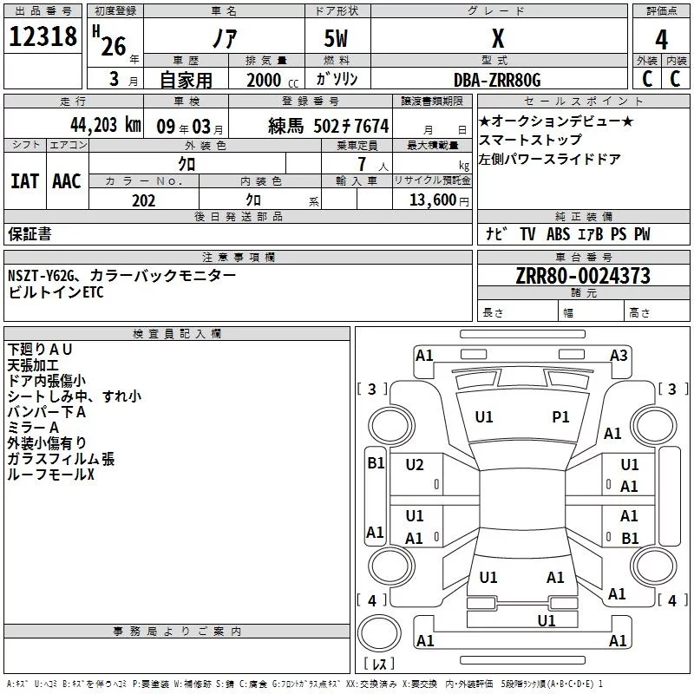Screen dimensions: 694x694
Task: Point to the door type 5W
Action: click(337, 39)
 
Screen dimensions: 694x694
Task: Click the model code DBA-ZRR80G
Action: click(497, 80)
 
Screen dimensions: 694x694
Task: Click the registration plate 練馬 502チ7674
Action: click(329, 126)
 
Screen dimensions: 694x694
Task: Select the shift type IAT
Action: click(24, 180)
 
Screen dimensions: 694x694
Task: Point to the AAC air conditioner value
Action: click(67, 180)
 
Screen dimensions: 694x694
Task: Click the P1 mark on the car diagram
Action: click(561, 417)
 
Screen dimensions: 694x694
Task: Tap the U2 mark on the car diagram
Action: click(415, 465)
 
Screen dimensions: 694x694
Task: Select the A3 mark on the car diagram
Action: click(619, 355)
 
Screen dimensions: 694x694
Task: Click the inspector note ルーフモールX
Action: click(50, 475)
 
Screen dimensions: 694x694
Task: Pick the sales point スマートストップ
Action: click(530, 140)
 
